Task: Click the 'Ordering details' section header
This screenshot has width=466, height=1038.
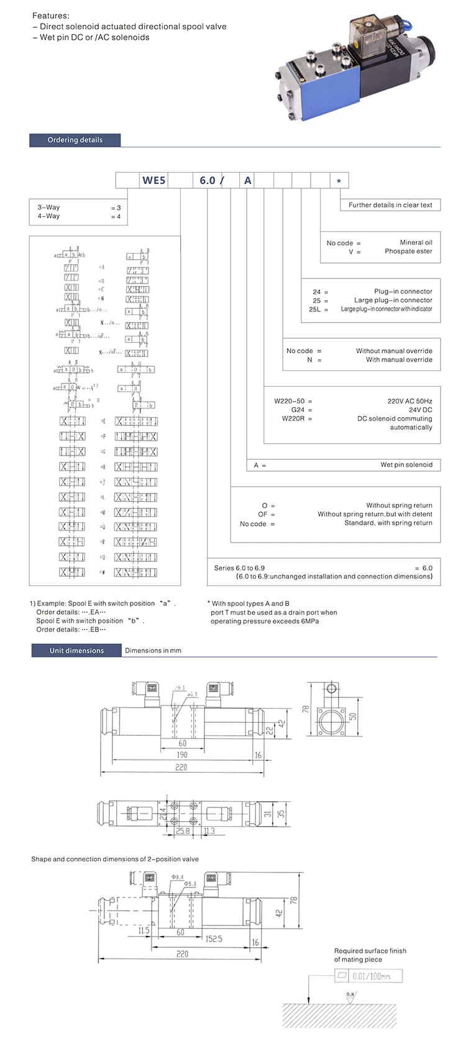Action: pyautogui.click(x=75, y=140)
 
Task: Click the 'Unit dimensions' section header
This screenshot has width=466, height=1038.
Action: pyautogui.click(x=76, y=650)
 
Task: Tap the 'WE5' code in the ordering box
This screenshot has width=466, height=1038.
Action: pyautogui.click(x=154, y=180)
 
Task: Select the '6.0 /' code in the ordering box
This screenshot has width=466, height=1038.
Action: pyautogui.click(x=211, y=180)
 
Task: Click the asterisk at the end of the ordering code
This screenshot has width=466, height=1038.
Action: pyautogui.click(x=339, y=181)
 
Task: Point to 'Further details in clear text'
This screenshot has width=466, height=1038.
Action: pyautogui.click(x=390, y=204)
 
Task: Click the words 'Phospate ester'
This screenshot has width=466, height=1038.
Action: pyautogui.click(x=408, y=251)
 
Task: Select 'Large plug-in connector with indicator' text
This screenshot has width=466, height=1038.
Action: pyautogui.click(x=386, y=309)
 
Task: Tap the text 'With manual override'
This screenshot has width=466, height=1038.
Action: pyautogui.click(x=399, y=359)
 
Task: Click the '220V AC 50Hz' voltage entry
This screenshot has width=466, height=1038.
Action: pyautogui.click(x=409, y=401)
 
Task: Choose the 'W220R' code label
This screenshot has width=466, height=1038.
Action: pyautogui.click(x=293, y=418)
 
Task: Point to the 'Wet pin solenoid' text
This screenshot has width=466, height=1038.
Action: pyautogui.click(x=406, y=464)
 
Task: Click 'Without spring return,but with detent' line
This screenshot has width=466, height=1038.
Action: pyautogui.click(x=375, y=514)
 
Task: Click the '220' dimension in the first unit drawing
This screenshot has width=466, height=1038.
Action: pyautogui.click(x=181, y=767)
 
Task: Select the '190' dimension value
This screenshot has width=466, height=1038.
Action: pyautogui.click(x=182, y=755)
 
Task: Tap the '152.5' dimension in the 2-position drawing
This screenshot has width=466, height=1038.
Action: pyautogui.click(x=214, y=939)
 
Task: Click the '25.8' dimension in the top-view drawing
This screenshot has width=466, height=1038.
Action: pyautogui.click(x=183, y=830)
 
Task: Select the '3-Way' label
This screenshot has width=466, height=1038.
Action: pyautogui.click(x=48, y=208)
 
